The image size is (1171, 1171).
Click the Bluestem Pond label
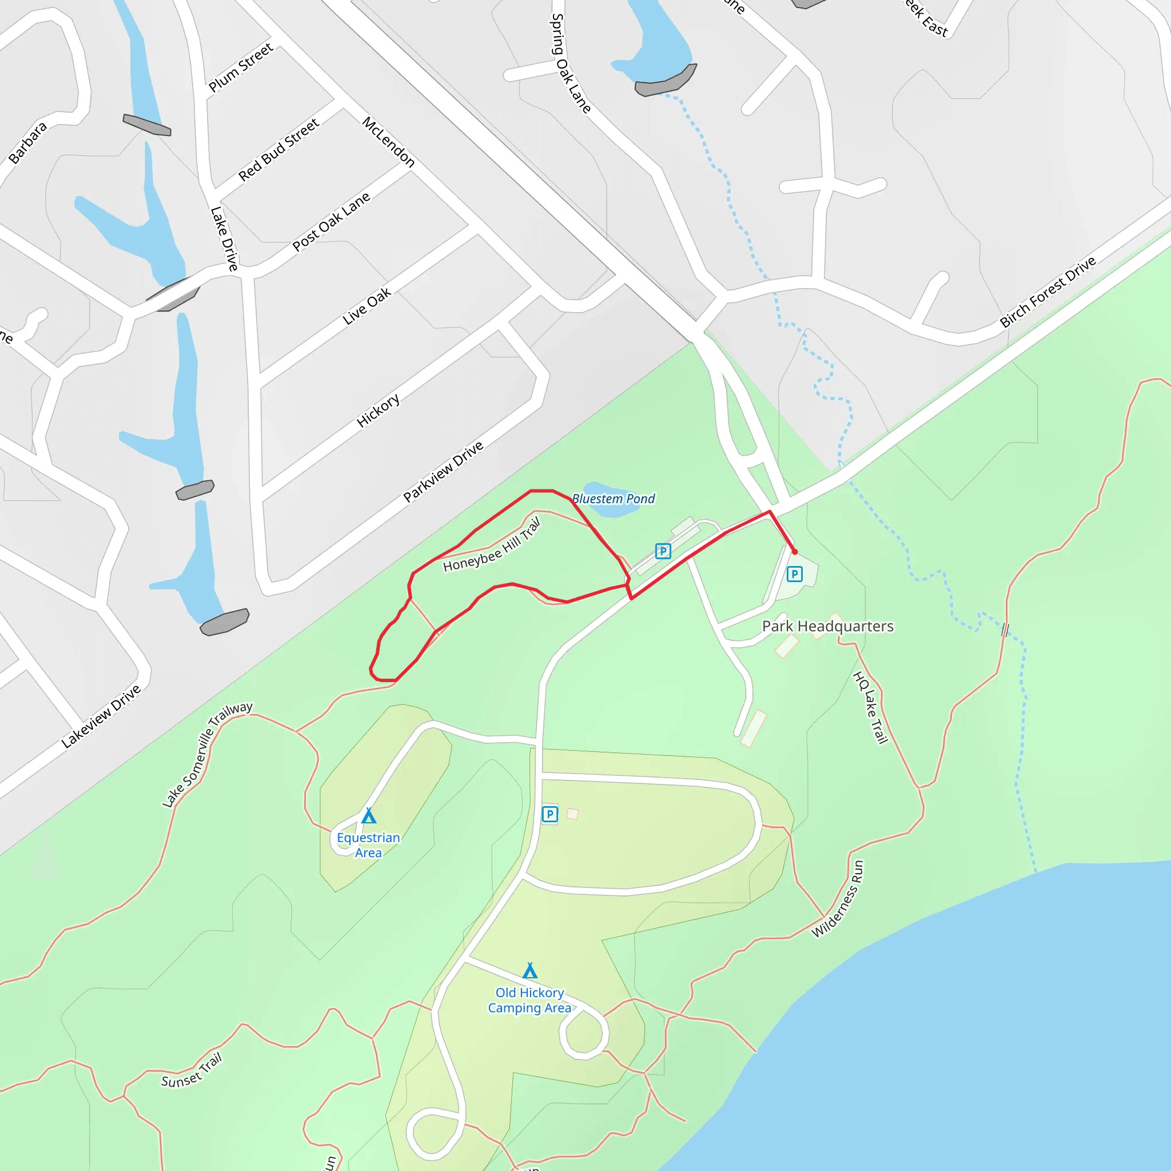(613, 499)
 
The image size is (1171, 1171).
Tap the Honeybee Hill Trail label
(491, 545)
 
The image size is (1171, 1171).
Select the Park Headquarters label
(827, 626)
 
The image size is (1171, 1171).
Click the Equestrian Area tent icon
(369, 816)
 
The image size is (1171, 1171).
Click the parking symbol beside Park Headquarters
(794, 573)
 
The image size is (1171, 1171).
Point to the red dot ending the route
(795, 552)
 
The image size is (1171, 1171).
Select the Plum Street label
(240, 67)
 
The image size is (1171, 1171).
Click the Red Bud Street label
(278, 150)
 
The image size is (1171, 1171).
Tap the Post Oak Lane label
(331, 221)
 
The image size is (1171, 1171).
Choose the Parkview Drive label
(443, 471)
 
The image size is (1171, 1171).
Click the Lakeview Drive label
(101, 716)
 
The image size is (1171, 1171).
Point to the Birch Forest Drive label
(1047, 292)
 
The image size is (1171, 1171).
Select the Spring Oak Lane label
(569, 63)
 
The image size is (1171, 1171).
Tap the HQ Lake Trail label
(870, 707)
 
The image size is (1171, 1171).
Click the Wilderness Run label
(838, 899)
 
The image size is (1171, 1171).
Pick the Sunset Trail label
(192, 1071)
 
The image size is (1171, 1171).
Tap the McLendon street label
(388, 142)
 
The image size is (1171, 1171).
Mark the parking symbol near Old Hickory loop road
(549, 814)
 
